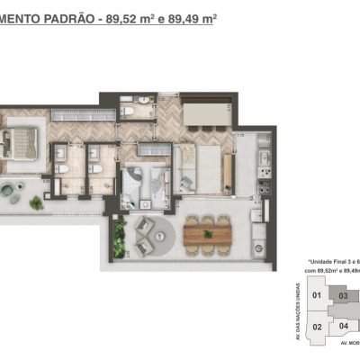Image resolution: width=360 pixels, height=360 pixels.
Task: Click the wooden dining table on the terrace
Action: pyautogui.click(x=208, y=234)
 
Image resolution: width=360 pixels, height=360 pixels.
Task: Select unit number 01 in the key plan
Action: pyautogui.click(x=316, y=294)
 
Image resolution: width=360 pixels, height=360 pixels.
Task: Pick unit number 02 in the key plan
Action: pyautogui.click(x=316, y=327)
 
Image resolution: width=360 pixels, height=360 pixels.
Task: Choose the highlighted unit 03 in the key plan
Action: pyautogui.click(x=343, y=295)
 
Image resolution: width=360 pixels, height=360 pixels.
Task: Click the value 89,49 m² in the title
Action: pyautogui.click(x=190, y=17)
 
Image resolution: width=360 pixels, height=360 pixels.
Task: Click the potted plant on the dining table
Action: pyautogui.click(x=208, y=233)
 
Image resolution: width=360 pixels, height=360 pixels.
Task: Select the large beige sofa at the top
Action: pyautogui.click(x=204, y=116)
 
